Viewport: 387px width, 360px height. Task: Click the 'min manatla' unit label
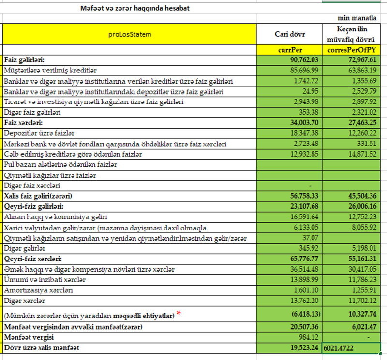point(357,18)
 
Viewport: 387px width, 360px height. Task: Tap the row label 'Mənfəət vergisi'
point(29,337)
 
